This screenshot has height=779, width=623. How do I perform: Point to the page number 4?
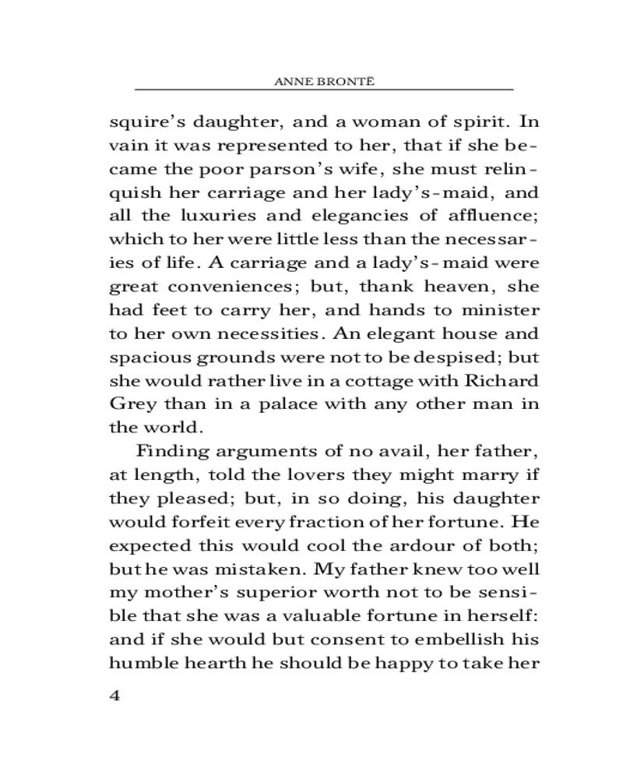pyautogui.click(x=114, y=696)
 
